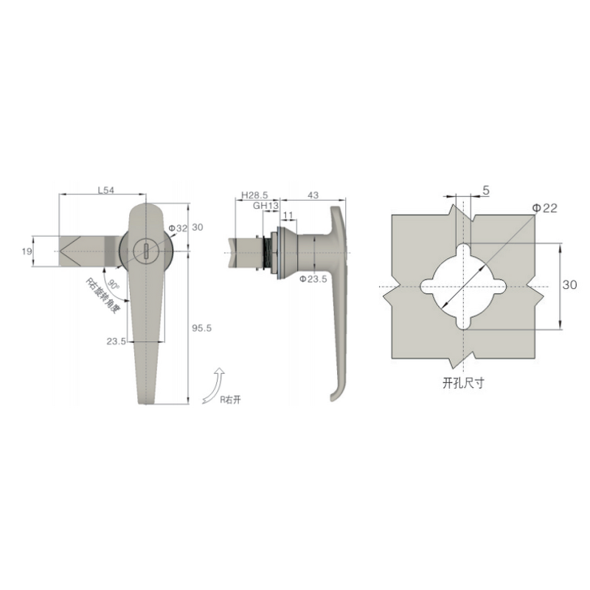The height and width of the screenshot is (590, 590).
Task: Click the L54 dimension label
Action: pos(107,190)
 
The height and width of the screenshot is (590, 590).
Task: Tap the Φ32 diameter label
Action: pos(178,228)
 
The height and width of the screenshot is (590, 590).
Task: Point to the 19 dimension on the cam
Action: pos(27,252)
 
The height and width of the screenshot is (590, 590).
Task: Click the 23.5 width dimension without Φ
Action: pos(116,341)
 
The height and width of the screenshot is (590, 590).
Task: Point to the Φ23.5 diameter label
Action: pos(313,279)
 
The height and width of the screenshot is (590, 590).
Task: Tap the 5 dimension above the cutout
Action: pos(485,190)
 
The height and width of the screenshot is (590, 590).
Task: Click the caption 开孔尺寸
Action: pos(461,383)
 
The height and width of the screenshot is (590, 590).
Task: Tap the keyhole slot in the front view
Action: pos(146,251)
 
